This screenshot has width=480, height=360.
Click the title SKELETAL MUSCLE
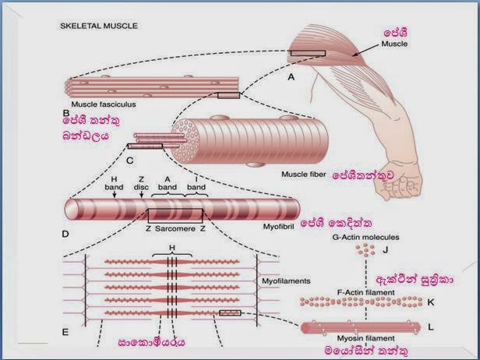click(99, 26)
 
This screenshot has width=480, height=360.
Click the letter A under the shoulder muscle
click(291, 77)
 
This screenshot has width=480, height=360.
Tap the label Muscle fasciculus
click(104, 104)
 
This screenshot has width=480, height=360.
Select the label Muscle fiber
click(304, 175)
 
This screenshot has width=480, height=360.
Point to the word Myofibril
click(279, 227)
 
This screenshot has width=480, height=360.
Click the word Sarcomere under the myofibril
click(175, 228)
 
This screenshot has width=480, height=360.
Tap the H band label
click(114, 183)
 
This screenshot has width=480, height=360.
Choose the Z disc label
click(141, 183)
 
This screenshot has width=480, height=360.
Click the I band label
click(196, 183)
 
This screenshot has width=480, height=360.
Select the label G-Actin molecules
click(365, 237)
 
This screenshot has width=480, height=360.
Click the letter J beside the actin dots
click(386, 250)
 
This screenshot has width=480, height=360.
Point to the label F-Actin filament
click(365, 293)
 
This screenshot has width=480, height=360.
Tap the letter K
click(430, 302)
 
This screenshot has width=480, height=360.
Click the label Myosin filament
click(365, 338)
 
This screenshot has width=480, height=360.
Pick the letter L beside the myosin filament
click(431, 327)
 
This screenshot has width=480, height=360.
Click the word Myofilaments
click(286, 281)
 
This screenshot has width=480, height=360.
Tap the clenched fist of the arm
click(398, 182)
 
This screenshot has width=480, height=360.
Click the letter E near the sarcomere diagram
click(65, 332)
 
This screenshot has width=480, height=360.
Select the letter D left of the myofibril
click(65, 235)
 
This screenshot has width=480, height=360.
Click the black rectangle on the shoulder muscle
click(308, 53)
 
